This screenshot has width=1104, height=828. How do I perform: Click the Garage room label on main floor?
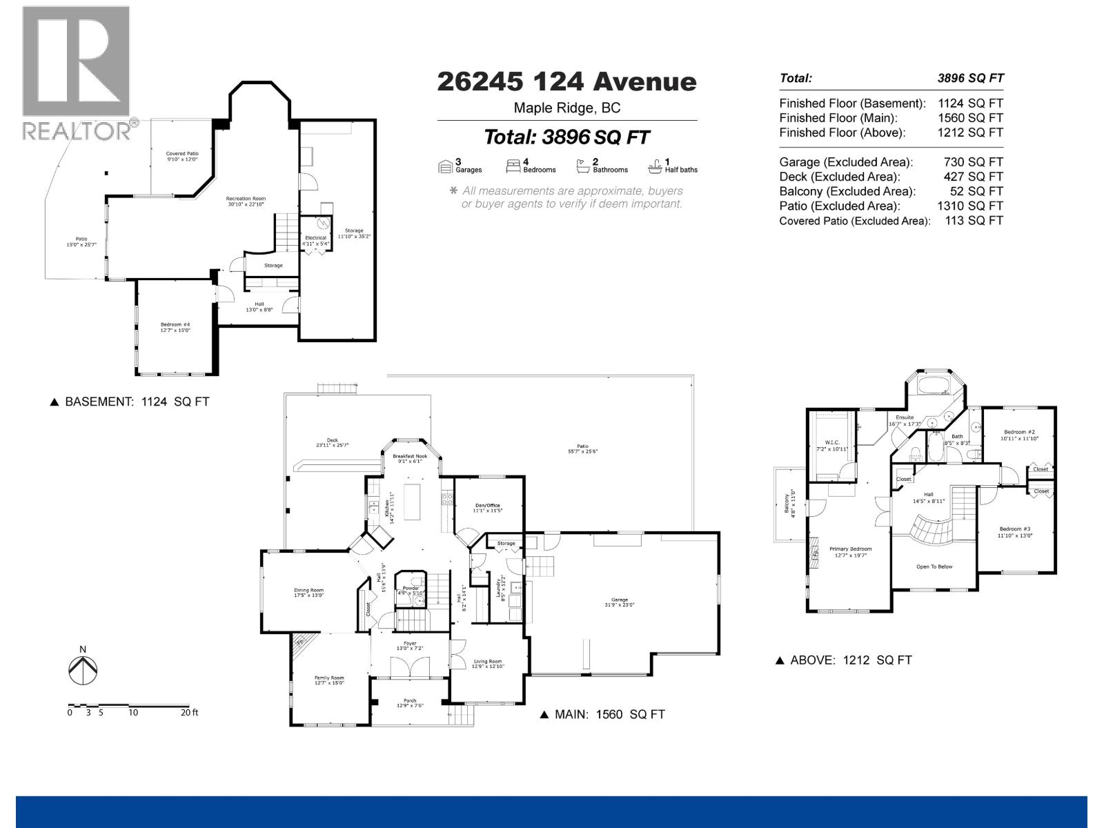(x=619, y=600)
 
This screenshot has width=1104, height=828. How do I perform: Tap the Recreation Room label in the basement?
(x=246, y=199)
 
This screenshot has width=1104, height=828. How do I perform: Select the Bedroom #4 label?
(x=175, y=325)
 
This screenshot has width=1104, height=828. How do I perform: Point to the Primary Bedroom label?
(x=851, y=549)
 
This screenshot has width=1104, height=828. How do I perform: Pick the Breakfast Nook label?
(x=410, y=456)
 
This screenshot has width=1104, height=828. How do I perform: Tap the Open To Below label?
(x=934, y=566)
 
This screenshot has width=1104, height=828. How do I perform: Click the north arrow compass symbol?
(x=83, y=669)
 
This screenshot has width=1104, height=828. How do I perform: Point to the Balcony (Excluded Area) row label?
(x=847, y=191)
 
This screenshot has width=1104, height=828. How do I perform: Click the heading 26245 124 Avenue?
(x=566, y=82)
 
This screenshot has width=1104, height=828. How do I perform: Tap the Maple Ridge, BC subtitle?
(x=566, y=108)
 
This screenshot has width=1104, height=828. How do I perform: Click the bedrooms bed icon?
(x=513, y=166)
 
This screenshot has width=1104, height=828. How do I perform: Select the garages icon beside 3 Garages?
(x=446, y=166)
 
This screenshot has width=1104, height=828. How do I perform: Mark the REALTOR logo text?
(x=77, y=130)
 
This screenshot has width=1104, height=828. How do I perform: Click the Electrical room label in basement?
(x=315, y=238)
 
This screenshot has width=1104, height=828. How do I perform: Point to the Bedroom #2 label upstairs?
(x=1019, y=432)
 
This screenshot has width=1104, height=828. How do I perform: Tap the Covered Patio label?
(x=182, y=154)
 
